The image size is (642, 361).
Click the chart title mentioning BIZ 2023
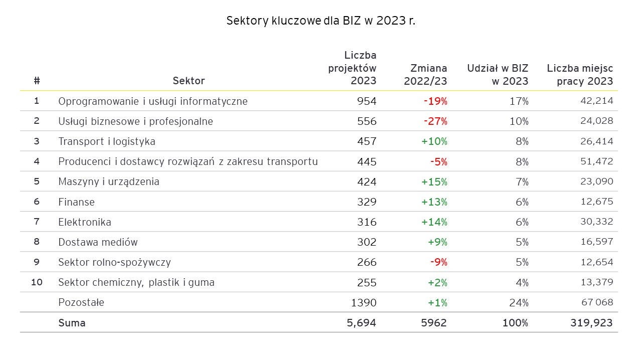tap(321, 21)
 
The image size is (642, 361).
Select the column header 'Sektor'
tap(189, 81)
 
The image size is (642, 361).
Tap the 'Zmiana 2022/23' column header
tap(425, 74)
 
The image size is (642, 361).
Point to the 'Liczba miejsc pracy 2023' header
tap(580, 74)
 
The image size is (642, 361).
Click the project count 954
tap(367, 101)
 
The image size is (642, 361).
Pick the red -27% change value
tap(435, 121)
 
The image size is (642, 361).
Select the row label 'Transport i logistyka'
tap(107, 141)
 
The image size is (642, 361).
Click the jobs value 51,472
tap(596, 161)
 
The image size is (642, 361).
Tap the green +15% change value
tap(434, 182)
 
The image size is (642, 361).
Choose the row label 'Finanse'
tap(76, 202)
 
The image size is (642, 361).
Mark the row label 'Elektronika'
tap(85, 222)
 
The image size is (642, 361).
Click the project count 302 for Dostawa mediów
tap(367, 242)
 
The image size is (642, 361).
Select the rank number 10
tap(37, 282)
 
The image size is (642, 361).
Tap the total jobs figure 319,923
tap(591, 323)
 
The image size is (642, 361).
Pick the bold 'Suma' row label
tap(72, 323)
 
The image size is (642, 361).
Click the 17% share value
tap(519, 101)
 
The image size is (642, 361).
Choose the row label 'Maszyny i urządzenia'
tap(109, 182)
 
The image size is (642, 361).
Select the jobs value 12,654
tap(596, 262)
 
